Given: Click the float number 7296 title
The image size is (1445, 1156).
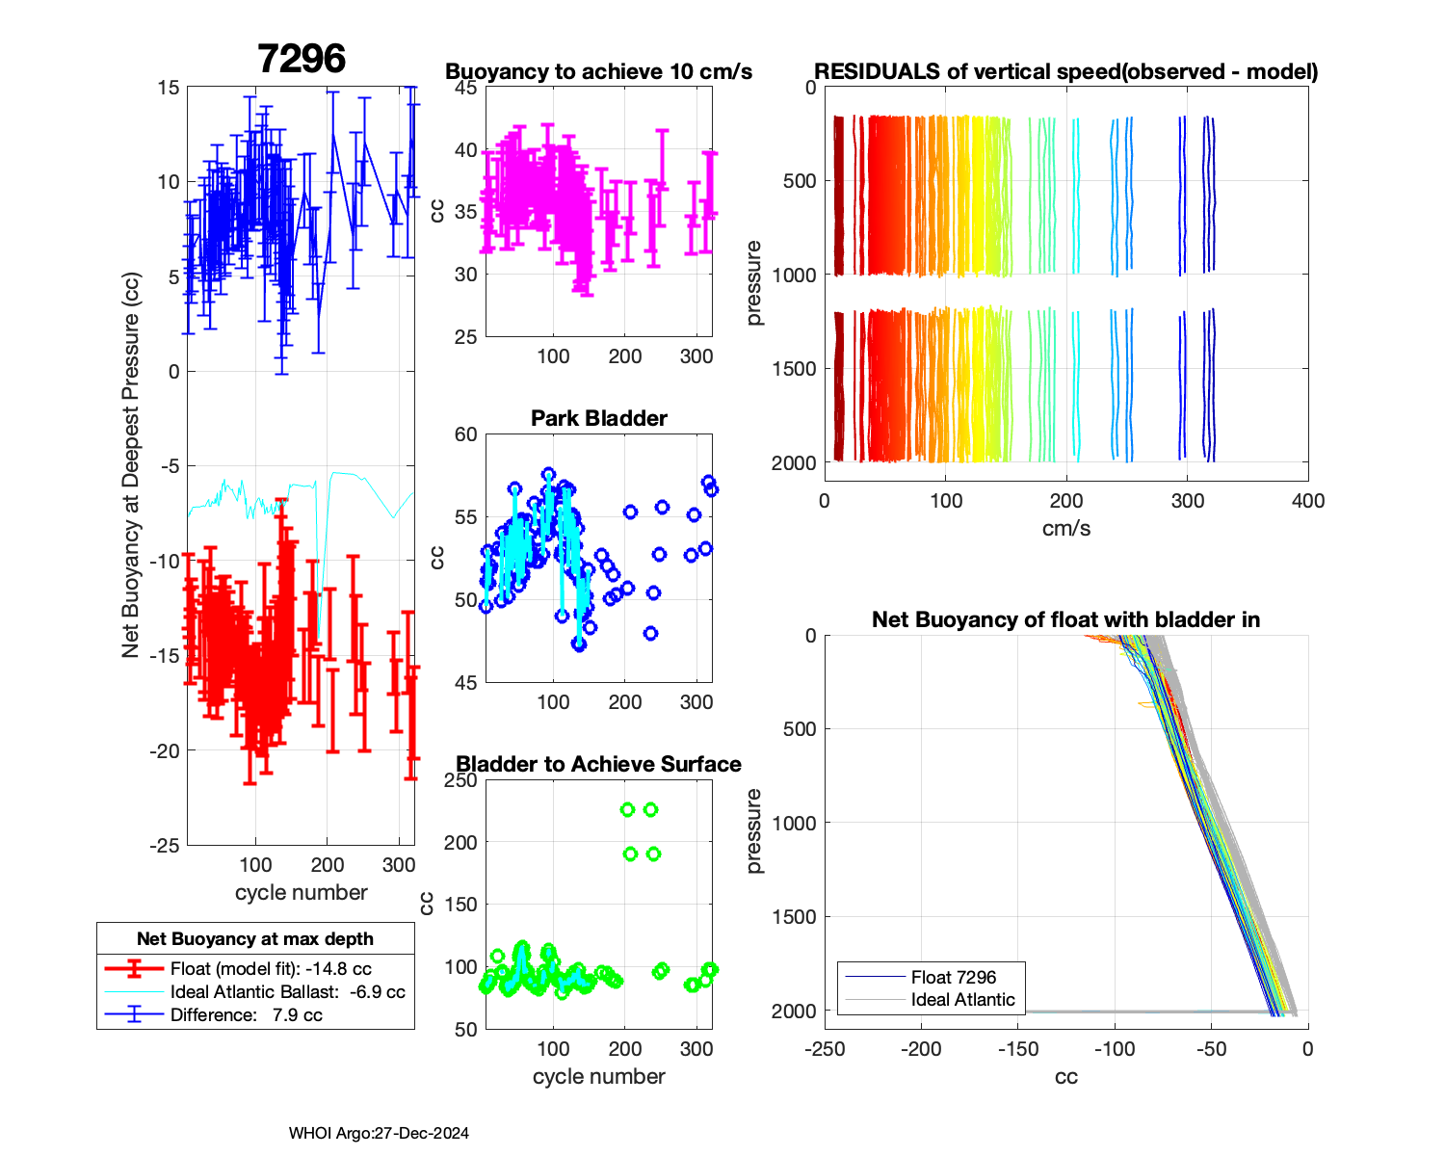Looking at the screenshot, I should coord(302,60).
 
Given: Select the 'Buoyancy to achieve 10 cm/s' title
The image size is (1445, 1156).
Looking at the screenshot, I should coord(598,72).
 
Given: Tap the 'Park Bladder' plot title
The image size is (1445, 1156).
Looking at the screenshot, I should coord(598,418).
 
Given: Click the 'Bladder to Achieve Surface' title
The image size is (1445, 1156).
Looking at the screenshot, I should coord(598,764).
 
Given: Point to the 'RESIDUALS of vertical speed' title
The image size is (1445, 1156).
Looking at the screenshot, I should coord(1065,72).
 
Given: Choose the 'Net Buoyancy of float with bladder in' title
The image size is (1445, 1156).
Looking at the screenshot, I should coord(1065,619).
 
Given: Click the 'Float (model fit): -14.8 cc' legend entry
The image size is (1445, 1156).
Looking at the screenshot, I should coord(271,969).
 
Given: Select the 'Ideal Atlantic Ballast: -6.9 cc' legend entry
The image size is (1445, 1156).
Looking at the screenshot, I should coord(287,992).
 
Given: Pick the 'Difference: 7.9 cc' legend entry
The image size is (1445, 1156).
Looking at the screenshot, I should coord(246,1015).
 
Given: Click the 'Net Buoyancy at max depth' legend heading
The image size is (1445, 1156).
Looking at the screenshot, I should coord(255,939).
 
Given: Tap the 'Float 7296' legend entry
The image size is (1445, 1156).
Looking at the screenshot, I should coord(953,977).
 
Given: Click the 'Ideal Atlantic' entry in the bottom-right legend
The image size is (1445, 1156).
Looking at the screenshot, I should coord(962,1000).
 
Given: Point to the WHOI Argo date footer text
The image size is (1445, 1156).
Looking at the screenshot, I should coord(379,1134).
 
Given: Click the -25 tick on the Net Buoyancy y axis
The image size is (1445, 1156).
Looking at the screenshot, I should coord(165,846).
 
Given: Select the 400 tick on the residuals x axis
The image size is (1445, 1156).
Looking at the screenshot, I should coord(1308,501).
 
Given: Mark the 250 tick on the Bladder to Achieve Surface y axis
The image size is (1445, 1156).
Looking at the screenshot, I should coord(461,780).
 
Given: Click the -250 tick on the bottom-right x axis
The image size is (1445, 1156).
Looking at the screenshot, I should coord(825,1049).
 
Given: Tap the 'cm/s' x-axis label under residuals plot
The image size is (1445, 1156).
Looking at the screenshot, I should coord(1065,528).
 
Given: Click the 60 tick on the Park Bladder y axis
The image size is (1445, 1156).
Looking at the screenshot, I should coord(466,434).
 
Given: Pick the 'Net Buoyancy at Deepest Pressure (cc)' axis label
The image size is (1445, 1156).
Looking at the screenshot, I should coord(131,465).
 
